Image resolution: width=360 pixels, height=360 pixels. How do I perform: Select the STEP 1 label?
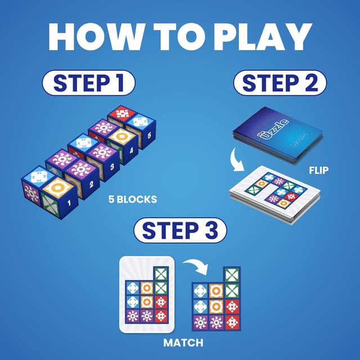88,83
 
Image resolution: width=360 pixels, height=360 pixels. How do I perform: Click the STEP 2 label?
280,83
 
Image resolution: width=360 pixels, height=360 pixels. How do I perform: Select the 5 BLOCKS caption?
132,199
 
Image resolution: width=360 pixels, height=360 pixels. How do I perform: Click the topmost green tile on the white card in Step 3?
161,273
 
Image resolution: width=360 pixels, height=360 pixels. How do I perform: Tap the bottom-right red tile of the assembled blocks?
232,322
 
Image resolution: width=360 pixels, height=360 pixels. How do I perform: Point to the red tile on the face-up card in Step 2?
291,196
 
